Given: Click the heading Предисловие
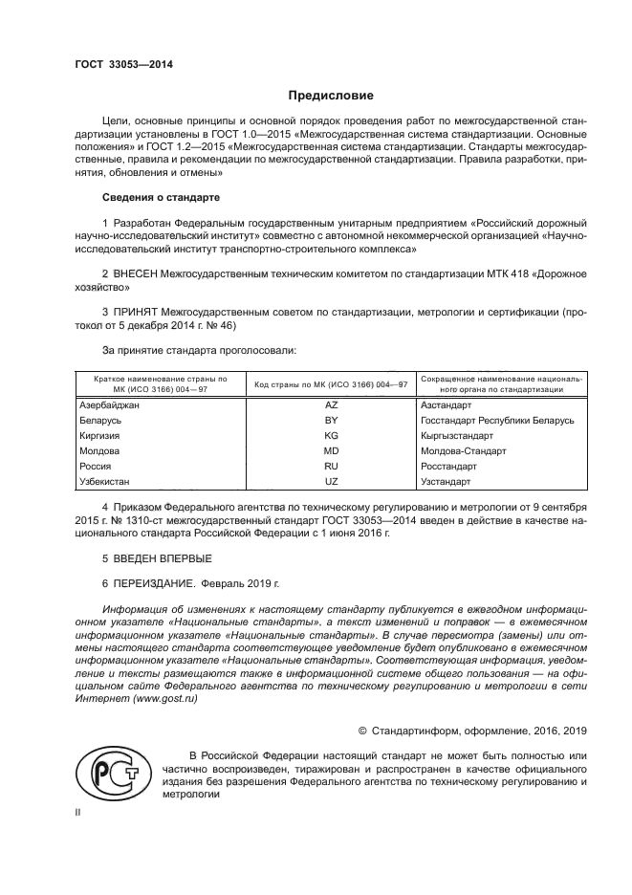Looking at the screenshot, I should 332,96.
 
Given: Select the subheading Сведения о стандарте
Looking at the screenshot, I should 161,197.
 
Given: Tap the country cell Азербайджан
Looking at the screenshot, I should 109,405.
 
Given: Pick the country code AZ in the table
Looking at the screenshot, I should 331,405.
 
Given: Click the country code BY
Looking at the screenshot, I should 331,421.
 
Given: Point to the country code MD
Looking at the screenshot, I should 331,450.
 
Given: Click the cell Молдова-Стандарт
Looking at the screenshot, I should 464,450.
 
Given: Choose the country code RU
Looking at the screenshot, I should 331,466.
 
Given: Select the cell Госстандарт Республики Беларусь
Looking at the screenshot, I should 497,421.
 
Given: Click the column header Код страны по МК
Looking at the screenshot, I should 330,384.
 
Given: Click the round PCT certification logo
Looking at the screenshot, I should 113,773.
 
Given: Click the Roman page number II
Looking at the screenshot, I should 79,811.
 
